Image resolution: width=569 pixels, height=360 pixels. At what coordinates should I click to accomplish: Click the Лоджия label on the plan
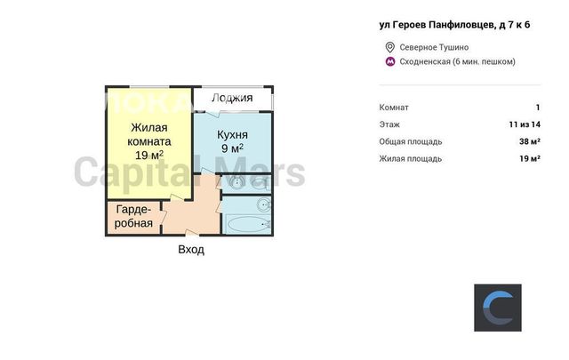pyautogui.click(x=232, y=98)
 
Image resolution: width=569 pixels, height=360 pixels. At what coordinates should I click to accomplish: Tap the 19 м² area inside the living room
pyautogui.click(x=149, y=156)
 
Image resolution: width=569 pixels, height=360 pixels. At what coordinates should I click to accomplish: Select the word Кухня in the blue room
pyautogui.click(x=232, y=134)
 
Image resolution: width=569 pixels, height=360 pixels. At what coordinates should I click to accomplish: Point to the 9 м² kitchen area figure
pyautogui.click(x=232, y=148)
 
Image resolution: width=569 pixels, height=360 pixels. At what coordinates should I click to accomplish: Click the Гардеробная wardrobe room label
pyautogui.click(x=133, y=216)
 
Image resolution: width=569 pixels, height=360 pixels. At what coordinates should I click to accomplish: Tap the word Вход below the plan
pyautogui.click(x=191, y=250)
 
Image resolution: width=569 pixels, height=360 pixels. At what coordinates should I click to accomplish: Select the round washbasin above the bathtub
pyautogui.click(x=264, y=205)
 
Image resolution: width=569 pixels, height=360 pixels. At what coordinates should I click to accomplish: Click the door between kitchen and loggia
pyautogui.click(x=212, y=113)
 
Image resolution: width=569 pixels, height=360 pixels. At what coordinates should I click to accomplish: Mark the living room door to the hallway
pyautogui.click(x=178, y=197)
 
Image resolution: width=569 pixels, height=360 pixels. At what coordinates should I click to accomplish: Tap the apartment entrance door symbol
pyautogui.click(x=191, y=233)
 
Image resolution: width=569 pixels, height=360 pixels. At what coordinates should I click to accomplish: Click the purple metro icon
pyautogui.click(x=390, y=61)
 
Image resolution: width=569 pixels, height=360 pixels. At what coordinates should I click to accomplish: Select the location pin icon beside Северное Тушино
pyautogui.click(x=389, y=47)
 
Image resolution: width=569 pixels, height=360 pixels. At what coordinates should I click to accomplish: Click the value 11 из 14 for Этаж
pyautogui.click(x=525, y=124)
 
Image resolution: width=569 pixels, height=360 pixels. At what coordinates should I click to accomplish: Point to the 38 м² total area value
pyautogui.click(x=530, y=141)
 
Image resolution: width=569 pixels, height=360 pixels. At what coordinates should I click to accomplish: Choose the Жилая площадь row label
pyautogui.click(x=411, y=158)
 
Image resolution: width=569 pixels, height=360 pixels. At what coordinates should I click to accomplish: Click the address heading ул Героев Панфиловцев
pyautogui.click(x=454, y=25)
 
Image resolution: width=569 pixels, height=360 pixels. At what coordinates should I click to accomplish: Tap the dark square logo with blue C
pyautogui.click(x=498, y=308)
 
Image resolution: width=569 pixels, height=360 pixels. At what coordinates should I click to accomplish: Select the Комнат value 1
pyautogui.click(x=538, y=108)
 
